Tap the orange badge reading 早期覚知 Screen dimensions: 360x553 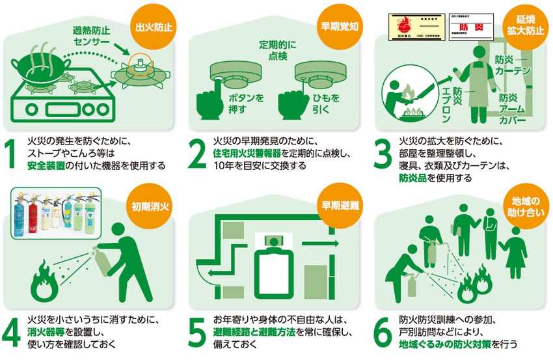point(339,28)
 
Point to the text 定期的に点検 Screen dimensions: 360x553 point(278,50)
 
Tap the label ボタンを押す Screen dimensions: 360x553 point(245,104)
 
